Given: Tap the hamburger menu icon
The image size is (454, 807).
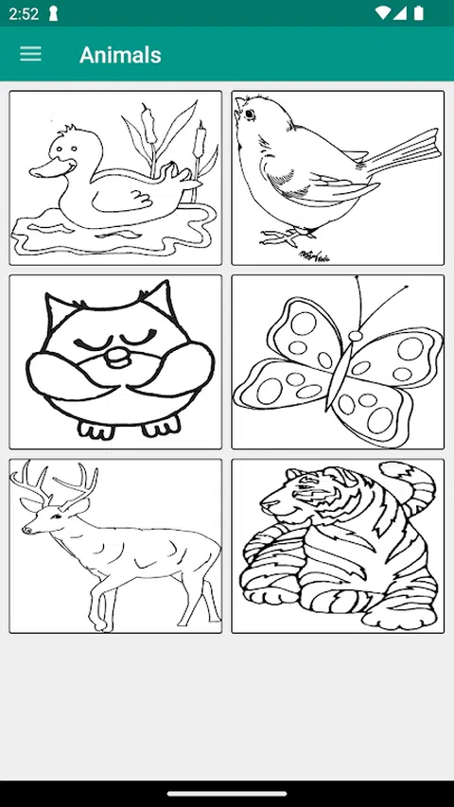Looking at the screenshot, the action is tap(30, 54).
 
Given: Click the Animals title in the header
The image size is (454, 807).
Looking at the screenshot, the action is tap(120, 55).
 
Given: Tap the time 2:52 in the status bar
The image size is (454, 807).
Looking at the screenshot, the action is tap(24, 14).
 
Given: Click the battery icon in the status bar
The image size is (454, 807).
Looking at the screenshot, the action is tap(418, 13).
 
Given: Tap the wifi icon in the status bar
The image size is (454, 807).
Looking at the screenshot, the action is tap(382, 13).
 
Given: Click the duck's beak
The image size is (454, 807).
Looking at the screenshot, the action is tap(51, 168).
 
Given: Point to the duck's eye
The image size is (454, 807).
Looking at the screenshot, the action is tap(61, 149).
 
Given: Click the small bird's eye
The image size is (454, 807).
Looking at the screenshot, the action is tap(250, 114).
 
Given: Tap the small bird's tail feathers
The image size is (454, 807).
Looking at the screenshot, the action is tap(403, 152).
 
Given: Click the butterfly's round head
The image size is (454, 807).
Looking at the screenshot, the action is tap(356, 336).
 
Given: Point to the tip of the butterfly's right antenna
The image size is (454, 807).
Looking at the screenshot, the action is tap(406, 287).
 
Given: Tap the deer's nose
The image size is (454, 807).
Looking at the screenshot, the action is tap(26, 529).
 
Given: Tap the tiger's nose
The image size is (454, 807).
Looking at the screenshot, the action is tap(264, 504).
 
